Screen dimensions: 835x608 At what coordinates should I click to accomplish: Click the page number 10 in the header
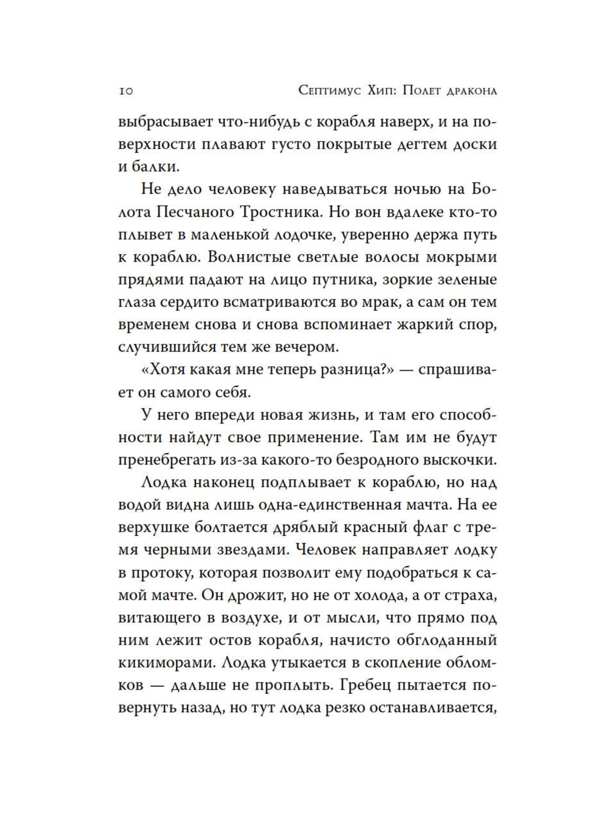point(125,92)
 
